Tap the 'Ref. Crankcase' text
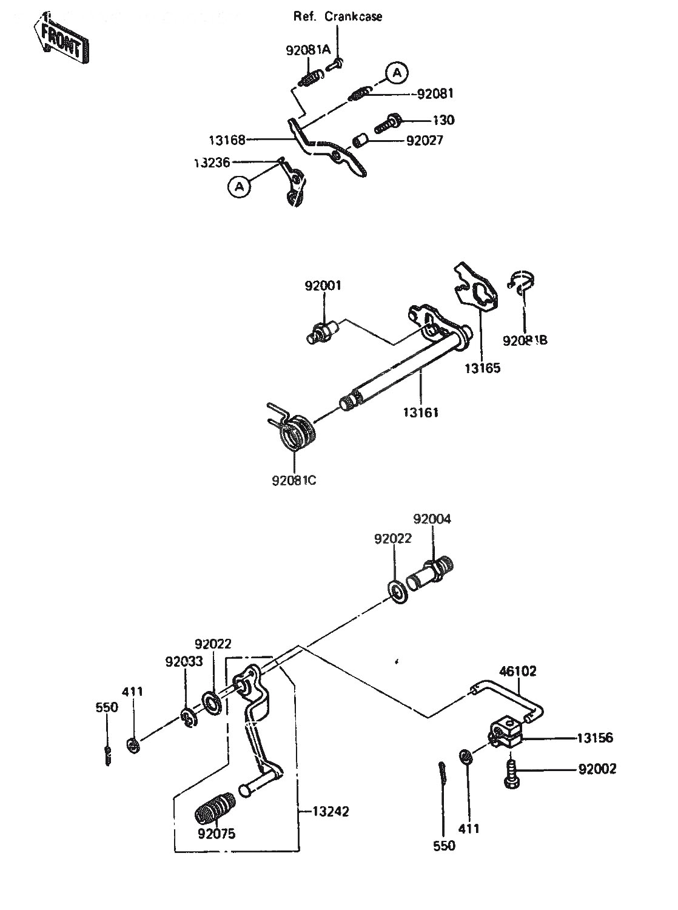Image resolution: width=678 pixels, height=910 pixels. (x=338, y=16)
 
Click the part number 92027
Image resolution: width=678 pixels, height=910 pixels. (x=425, y=141)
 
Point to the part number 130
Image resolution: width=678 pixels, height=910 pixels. (x=443, y=120)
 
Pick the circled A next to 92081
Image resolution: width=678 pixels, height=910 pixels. (x=397, y=73)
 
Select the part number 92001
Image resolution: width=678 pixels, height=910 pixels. (x=323, y=286)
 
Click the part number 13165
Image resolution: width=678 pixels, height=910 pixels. (x=483, y=368)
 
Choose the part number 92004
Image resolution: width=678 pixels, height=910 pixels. (x=432, y=519)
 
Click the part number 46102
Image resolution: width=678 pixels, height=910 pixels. (x=518, y=672)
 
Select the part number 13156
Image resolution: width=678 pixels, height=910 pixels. (x=595, y=738)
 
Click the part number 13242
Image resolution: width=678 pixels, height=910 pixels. (x=331, y=811)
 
